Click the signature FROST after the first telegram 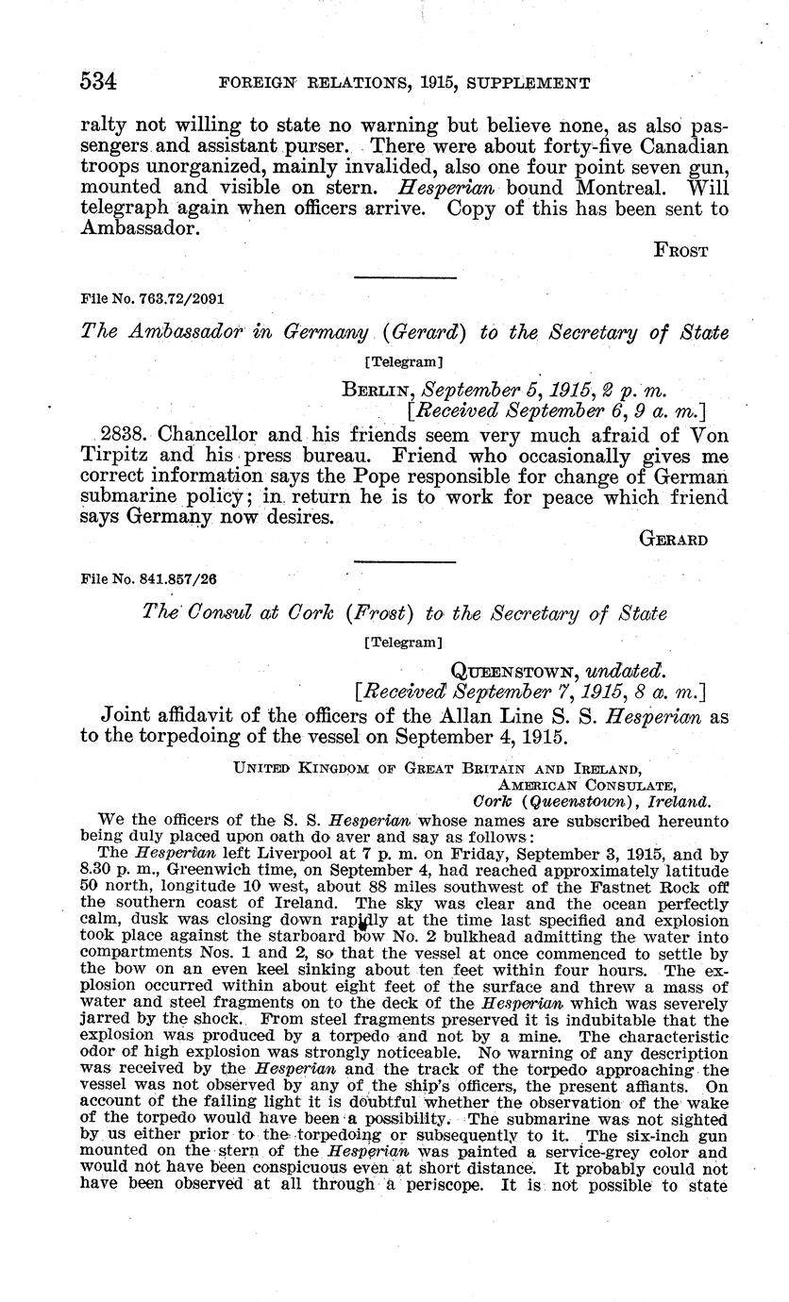coord(680,251)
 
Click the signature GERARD coord(674,540)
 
